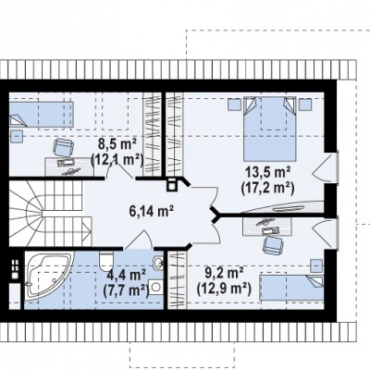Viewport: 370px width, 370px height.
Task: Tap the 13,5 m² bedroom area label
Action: (x=267, y=173)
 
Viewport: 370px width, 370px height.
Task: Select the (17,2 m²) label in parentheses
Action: (x=267, y=188)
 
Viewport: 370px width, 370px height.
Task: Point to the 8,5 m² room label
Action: (x=117, y=144)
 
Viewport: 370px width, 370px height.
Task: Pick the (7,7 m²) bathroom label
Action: (x=127, y=290)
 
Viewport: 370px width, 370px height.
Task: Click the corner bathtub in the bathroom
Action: (x=48, y=276)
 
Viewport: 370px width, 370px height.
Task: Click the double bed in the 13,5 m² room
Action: (x=270, y=129)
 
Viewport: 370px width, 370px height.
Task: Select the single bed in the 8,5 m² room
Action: (x=41, y=115)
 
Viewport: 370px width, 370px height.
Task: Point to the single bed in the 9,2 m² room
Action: (x=292, y=288)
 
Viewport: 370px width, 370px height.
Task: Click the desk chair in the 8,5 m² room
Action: (x=64, y=148)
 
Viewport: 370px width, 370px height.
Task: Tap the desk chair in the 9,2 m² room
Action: (x=273, y=246)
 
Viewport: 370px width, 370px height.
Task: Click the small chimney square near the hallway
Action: (x=171, y=185)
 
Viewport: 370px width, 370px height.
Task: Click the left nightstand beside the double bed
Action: (x=234, y=105)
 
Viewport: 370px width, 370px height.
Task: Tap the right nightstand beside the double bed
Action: (x=305, y=105)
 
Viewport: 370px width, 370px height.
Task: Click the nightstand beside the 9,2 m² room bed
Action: (x=316, y=266)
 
